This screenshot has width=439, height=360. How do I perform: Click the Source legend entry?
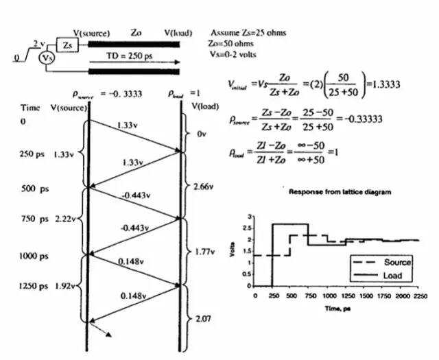398,263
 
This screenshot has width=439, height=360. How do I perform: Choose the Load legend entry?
394,276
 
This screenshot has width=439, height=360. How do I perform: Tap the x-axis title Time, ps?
337,309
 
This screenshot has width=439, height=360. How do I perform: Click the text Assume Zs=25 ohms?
248,33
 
